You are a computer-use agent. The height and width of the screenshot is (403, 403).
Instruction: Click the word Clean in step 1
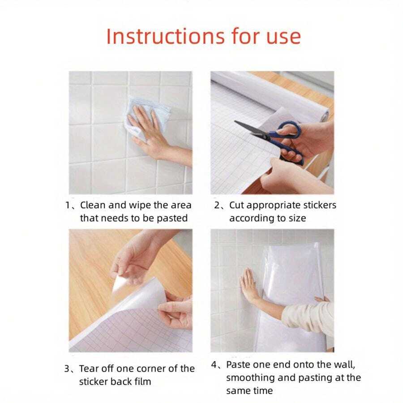tap(93, 205)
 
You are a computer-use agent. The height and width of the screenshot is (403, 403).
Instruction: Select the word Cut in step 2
tap(236, 205)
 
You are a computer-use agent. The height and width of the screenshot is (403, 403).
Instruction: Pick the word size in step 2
tap(297, 219)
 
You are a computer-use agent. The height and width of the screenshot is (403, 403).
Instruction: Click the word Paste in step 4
tap(238, 364)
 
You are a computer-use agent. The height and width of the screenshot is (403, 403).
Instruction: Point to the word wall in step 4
tap(344, 364)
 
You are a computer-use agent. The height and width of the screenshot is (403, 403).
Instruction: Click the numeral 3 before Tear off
tap(67, 369)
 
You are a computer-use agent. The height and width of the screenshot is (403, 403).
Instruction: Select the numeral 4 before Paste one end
tap(214, 364)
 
